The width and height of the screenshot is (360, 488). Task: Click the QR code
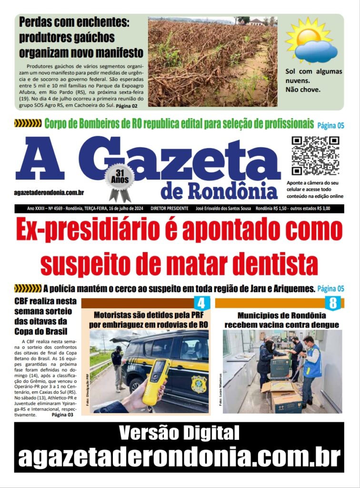pyautogui.click(x=315, y=156)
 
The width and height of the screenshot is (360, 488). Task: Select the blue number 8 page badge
pyautogui.click(x=333, y=303)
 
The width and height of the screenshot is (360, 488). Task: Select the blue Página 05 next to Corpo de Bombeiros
pyautogui.click(x=330, y=125)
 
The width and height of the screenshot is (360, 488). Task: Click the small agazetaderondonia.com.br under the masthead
pyautogui.click(x=49, y=193)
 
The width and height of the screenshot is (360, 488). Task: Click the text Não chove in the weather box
pyautogui.click(x=303, y=89)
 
